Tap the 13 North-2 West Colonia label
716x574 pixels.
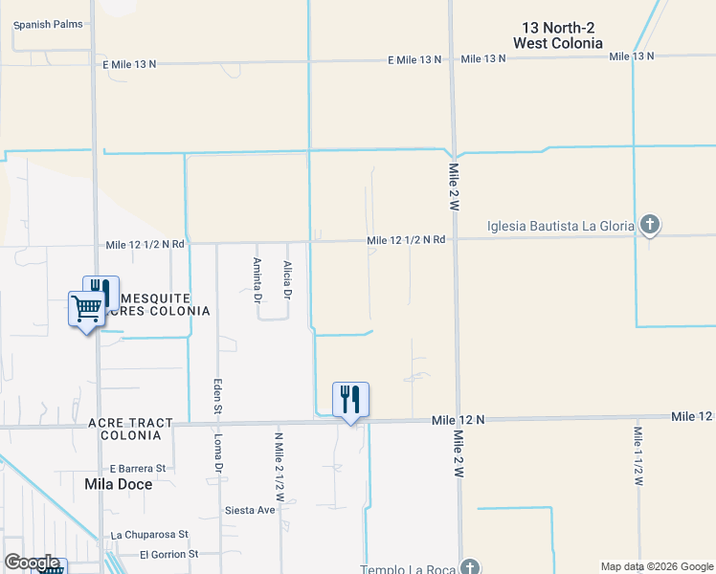click(558, 35)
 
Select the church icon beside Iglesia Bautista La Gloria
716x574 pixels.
click(650, 226)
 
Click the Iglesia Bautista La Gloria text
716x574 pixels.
click(561, 226)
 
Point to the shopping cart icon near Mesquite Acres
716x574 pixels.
click(86, 309)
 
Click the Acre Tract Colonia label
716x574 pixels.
click(130, 429)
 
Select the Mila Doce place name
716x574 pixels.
click(119, 483)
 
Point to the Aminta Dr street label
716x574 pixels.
click(257, 279)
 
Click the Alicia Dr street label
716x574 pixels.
click(287, 277)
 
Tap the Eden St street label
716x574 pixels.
click(218, 396)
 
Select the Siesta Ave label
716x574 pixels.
click(251, 510)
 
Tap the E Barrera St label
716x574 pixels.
click(138, 469)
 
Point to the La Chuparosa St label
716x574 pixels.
click(150, 534)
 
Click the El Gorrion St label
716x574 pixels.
click(168, 554)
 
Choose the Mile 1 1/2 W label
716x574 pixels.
click(638, 455)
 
